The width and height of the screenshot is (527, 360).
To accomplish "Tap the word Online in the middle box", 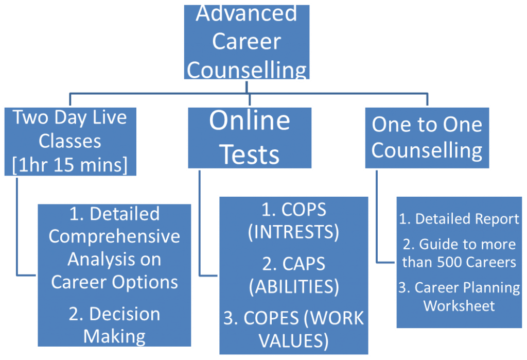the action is click(250, 120).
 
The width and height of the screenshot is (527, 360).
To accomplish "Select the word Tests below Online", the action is click(250, 155).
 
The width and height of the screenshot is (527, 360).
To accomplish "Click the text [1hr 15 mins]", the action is click(70, 165).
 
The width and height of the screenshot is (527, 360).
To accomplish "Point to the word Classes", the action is click(70, 141).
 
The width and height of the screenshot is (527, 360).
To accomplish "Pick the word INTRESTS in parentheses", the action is click(293, 232).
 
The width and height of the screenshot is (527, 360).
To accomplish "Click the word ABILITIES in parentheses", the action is click(294, 287).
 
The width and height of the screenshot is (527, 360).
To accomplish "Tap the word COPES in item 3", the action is click(271, 318).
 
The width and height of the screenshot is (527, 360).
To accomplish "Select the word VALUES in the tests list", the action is click(293, 341).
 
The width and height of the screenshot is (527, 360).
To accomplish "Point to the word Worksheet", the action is click(459, 306).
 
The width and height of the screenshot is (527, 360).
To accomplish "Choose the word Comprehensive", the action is click(114, 236).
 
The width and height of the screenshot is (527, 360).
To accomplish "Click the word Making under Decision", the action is click(114, 336).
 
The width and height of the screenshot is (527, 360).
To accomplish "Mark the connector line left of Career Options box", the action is click(17, 227).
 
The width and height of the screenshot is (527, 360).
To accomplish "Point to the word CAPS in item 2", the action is click(304, 264).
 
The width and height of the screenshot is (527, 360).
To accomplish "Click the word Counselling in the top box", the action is click(247, 70).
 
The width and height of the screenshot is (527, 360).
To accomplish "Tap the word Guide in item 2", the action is click(433, 244).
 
